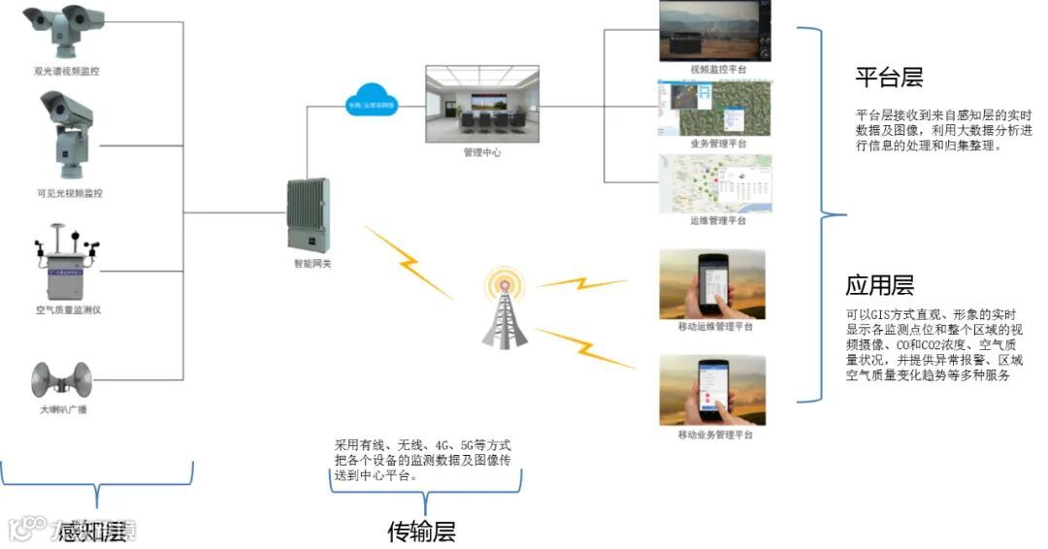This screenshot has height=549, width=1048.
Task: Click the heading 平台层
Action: (889, 78)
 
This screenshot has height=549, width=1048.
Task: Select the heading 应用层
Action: (879, 285)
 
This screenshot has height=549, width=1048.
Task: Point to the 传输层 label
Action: (421, 532)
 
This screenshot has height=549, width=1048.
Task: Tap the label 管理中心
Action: (482, 153)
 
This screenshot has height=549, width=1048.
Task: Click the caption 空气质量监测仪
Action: (69, 309)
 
